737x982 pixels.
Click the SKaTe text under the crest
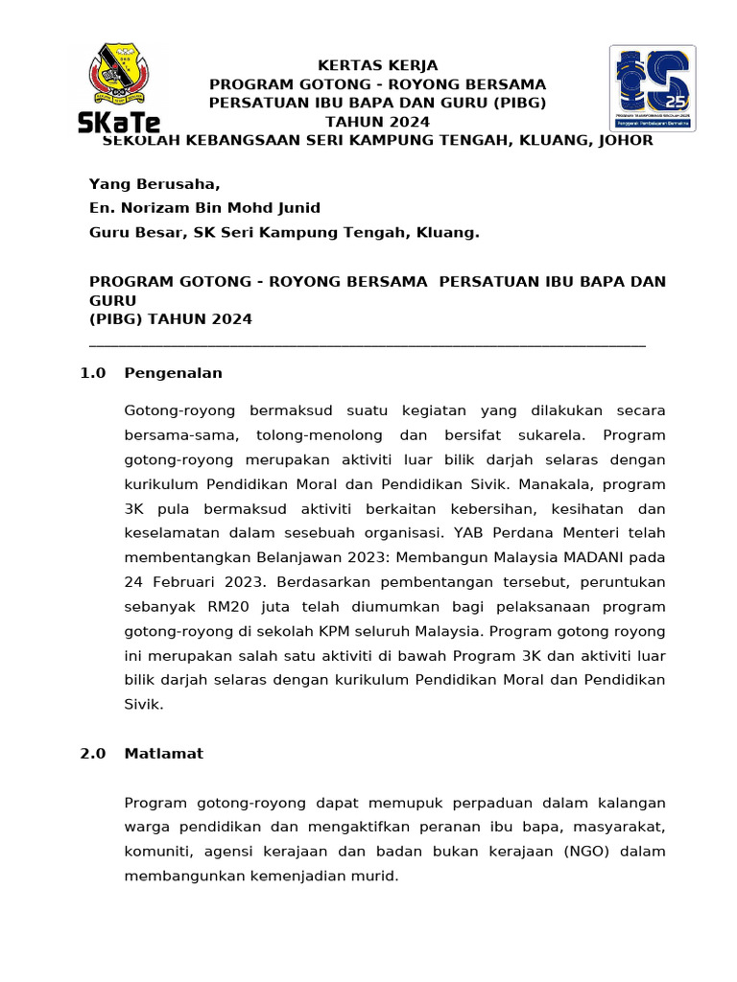tap(119, 122)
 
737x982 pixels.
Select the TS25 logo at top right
tap(652, 88)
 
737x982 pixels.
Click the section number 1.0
tap(94, 373)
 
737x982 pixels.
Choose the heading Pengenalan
tap(173, 373)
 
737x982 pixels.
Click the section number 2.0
tap(94, 754)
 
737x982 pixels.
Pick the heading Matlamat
tap(163, 754)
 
